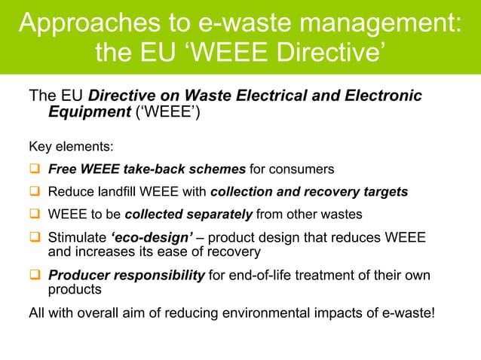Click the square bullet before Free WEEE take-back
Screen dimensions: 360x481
point(35,167)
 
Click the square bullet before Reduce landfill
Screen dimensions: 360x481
point(35,191)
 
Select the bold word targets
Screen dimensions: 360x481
point(382,191)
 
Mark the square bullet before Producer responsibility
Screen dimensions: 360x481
point(35,276)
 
